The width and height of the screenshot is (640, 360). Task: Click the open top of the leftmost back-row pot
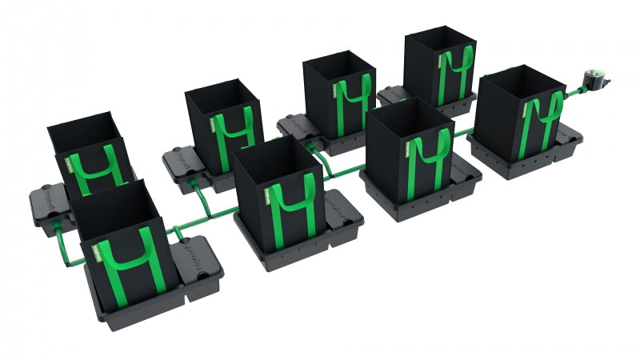pyautogui.click(x=82, y=128)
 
